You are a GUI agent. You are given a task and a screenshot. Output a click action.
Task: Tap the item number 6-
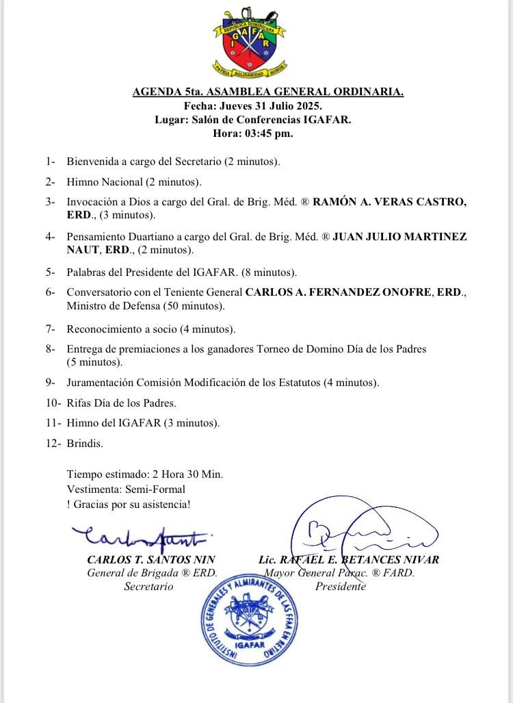(50, 292)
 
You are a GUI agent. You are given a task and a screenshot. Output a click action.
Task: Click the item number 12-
(53, 443)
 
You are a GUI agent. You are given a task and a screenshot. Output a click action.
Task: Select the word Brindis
(85, 443)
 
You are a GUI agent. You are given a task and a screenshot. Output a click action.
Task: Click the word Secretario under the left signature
(148, 587)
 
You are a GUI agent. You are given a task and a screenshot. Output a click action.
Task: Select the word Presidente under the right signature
(340, 587)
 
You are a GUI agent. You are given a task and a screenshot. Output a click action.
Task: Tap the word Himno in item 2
(82, 182)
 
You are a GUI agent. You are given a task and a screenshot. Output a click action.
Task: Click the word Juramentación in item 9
(99, 382)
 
